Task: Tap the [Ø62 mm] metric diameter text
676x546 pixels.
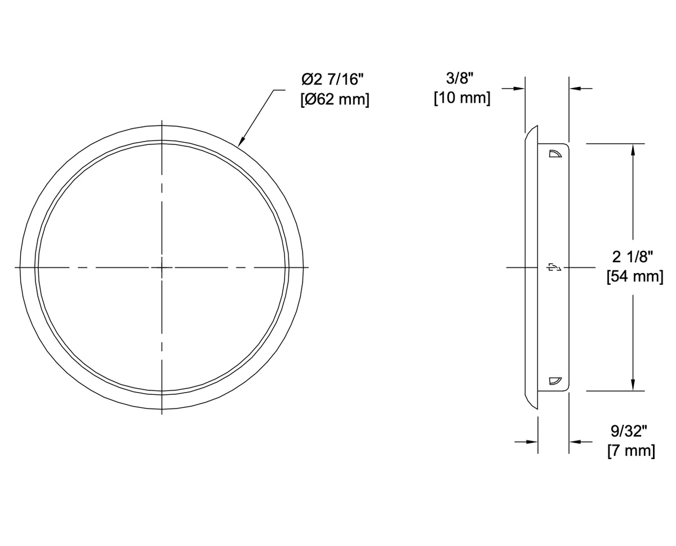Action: click(x=335, y=101)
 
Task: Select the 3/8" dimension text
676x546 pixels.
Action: click(x=461, y=78)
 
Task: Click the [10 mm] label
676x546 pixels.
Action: click(x=461, y=98)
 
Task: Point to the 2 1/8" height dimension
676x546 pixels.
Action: click(x=633, y=257)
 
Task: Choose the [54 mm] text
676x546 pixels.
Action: click(x=634, y=278)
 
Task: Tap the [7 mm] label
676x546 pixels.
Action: click(x=631, y=451)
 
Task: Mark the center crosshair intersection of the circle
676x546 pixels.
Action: click(x=162, y=267)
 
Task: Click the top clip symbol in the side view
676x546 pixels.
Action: click(x=555, y=153)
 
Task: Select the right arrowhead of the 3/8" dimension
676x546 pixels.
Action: click(x=574, y=89)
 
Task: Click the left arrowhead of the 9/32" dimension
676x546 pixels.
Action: click(x=532, y=442)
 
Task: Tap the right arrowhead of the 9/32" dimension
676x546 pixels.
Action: click(x=574, y=442)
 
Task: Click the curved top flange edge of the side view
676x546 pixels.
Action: click(x=530, y=133)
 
